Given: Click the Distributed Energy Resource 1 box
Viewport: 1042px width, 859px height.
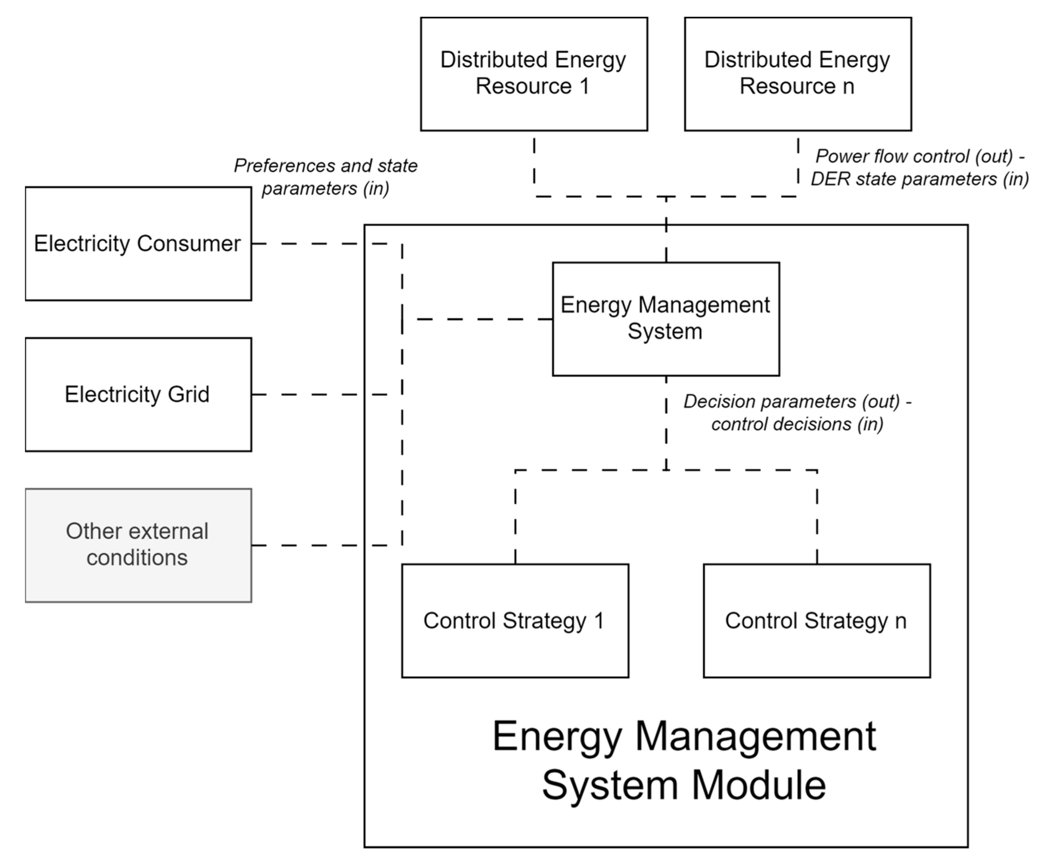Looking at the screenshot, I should [x=534, y=74].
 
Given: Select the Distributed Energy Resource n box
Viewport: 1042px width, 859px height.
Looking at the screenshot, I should [x=798, y=74].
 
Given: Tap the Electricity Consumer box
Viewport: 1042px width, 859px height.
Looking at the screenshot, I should [x=138, y=243].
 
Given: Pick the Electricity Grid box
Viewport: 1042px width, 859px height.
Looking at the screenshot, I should [x=138, y=394].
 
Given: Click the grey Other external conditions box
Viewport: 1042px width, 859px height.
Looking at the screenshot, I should [x=138, y=545].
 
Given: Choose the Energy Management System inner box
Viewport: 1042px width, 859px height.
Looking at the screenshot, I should [x=665, y=319].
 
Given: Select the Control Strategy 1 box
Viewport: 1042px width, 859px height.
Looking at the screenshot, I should [x=515, y=621].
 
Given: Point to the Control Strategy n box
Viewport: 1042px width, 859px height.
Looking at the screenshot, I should [x=816, y=621].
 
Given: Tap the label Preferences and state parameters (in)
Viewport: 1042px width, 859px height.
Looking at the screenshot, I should [x=325, y=177].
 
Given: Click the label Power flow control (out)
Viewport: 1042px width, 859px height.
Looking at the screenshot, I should [x=919, y=156].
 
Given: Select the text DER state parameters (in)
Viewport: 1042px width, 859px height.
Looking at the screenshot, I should [x=919, y=179].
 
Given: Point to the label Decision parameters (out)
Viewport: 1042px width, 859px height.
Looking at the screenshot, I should [x=797, y=401].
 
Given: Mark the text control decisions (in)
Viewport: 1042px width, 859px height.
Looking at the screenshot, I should [x=797, y=424].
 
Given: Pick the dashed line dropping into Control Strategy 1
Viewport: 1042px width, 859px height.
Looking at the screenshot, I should [x=515, y=520].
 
